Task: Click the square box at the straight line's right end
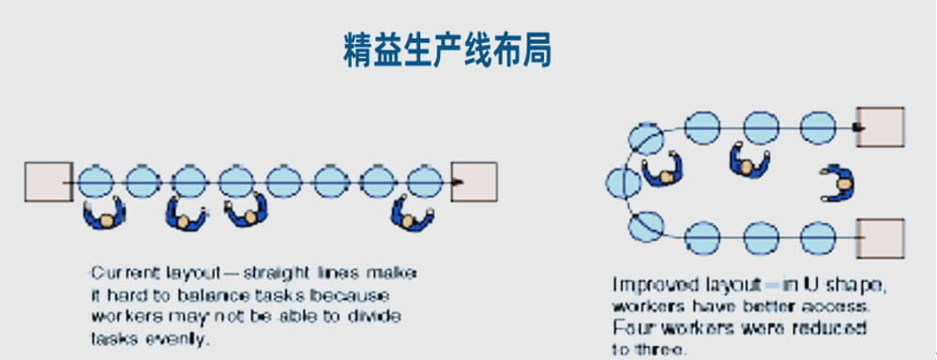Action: pos(475,181)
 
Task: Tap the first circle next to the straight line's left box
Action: pos(95,181)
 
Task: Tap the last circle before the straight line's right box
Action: pos(424,181)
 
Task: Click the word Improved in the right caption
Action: pos(648,284)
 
